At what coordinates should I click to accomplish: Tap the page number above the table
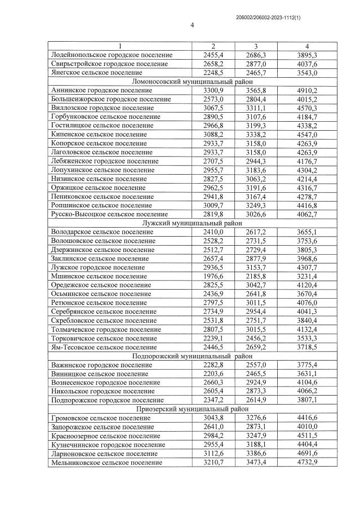192,25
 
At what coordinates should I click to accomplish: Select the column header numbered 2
213,46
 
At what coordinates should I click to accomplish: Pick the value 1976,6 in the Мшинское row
213,276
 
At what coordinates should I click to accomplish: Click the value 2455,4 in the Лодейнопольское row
213,55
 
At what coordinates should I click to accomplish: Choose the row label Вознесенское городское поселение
105,383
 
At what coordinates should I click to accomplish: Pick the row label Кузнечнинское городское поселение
106,444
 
